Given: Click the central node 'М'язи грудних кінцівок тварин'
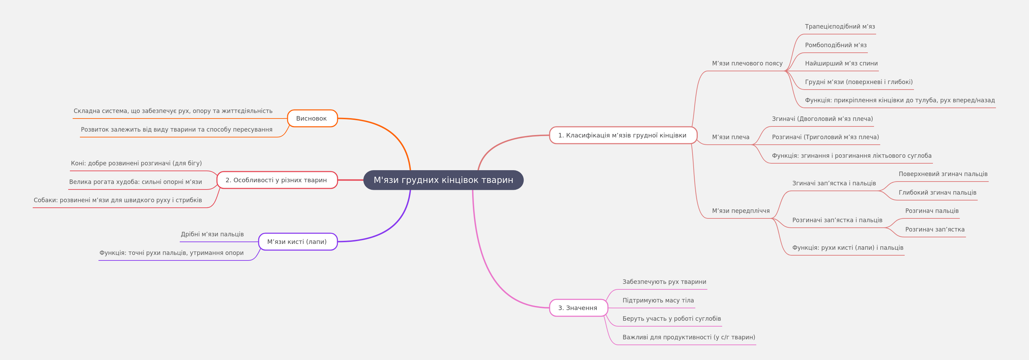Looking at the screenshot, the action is pos(444,180).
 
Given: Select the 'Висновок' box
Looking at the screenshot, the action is pos(312,118).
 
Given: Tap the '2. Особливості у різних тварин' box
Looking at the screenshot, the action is pos(277,180).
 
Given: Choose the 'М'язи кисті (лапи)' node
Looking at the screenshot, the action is pos(298,242).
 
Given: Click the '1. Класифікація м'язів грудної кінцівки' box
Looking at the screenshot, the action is pos(623,135).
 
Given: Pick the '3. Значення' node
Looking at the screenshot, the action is pos(579,308).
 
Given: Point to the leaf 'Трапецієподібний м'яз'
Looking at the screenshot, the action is pos(840,27).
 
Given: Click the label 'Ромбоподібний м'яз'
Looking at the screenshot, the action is pos(836,45).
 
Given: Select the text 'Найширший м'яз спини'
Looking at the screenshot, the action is pos(841,63).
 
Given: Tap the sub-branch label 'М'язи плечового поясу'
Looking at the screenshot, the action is pos(747,63).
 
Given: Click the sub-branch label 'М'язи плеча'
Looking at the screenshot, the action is pos(731,137).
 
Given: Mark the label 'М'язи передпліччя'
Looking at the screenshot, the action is pos(741,211).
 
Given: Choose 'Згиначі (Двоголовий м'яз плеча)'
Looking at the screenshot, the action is pos(822,119).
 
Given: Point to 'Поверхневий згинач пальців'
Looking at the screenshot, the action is pos(943,174).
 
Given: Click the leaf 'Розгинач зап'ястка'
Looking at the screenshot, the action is pos(935,229).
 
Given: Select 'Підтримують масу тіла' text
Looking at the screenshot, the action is pos(658,300).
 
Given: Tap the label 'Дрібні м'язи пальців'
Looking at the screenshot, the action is pos(212,234).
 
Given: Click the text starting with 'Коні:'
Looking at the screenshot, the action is pos(136,163).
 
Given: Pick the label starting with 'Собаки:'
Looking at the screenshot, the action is pos(118,200).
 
